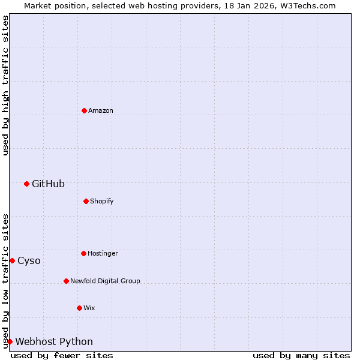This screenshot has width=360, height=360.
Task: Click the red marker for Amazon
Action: (84, 110)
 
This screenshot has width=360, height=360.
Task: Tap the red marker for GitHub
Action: (26, 184)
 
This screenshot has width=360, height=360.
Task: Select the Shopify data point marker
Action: (86, 201)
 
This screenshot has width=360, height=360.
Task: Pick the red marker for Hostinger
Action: (83, 253)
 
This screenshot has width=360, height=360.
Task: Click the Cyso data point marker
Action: (12, 260)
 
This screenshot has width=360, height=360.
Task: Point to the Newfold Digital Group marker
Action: (66, 281)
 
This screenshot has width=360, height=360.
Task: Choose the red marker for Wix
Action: (79, 308)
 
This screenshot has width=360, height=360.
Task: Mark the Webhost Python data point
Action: (10, 341)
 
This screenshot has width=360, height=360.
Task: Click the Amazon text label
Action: (101, 110)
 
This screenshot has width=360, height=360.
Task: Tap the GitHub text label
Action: (48, 184)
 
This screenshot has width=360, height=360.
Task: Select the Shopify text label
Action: (101, 201)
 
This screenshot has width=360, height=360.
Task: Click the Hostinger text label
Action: (103, 253)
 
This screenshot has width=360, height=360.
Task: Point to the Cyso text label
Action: (29, 260)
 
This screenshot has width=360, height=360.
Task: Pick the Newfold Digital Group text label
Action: (105, 281)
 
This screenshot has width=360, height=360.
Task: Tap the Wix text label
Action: (89, 308)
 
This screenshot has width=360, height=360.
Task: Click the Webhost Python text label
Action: (54, 341)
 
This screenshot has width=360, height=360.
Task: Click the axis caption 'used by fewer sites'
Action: (62, 355)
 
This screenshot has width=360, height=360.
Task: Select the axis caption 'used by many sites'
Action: (301, 355)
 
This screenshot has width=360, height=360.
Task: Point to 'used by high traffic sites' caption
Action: (5, 85)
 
